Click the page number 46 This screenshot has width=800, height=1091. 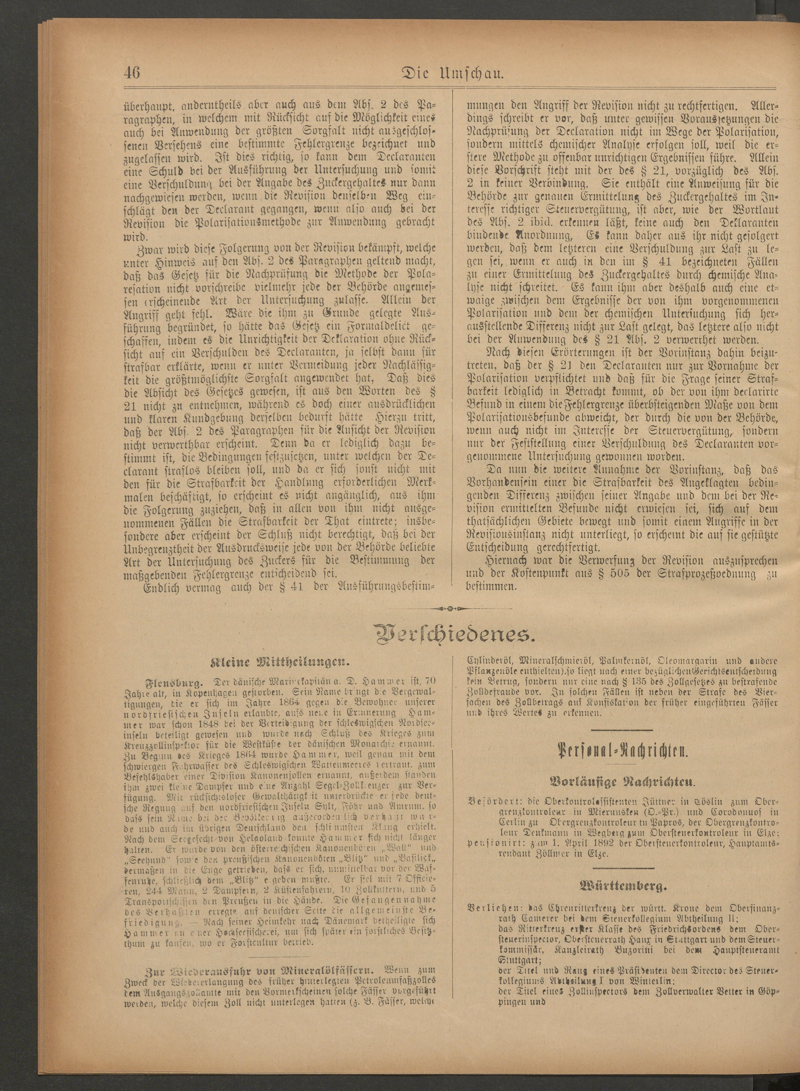tap(132, 74)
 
